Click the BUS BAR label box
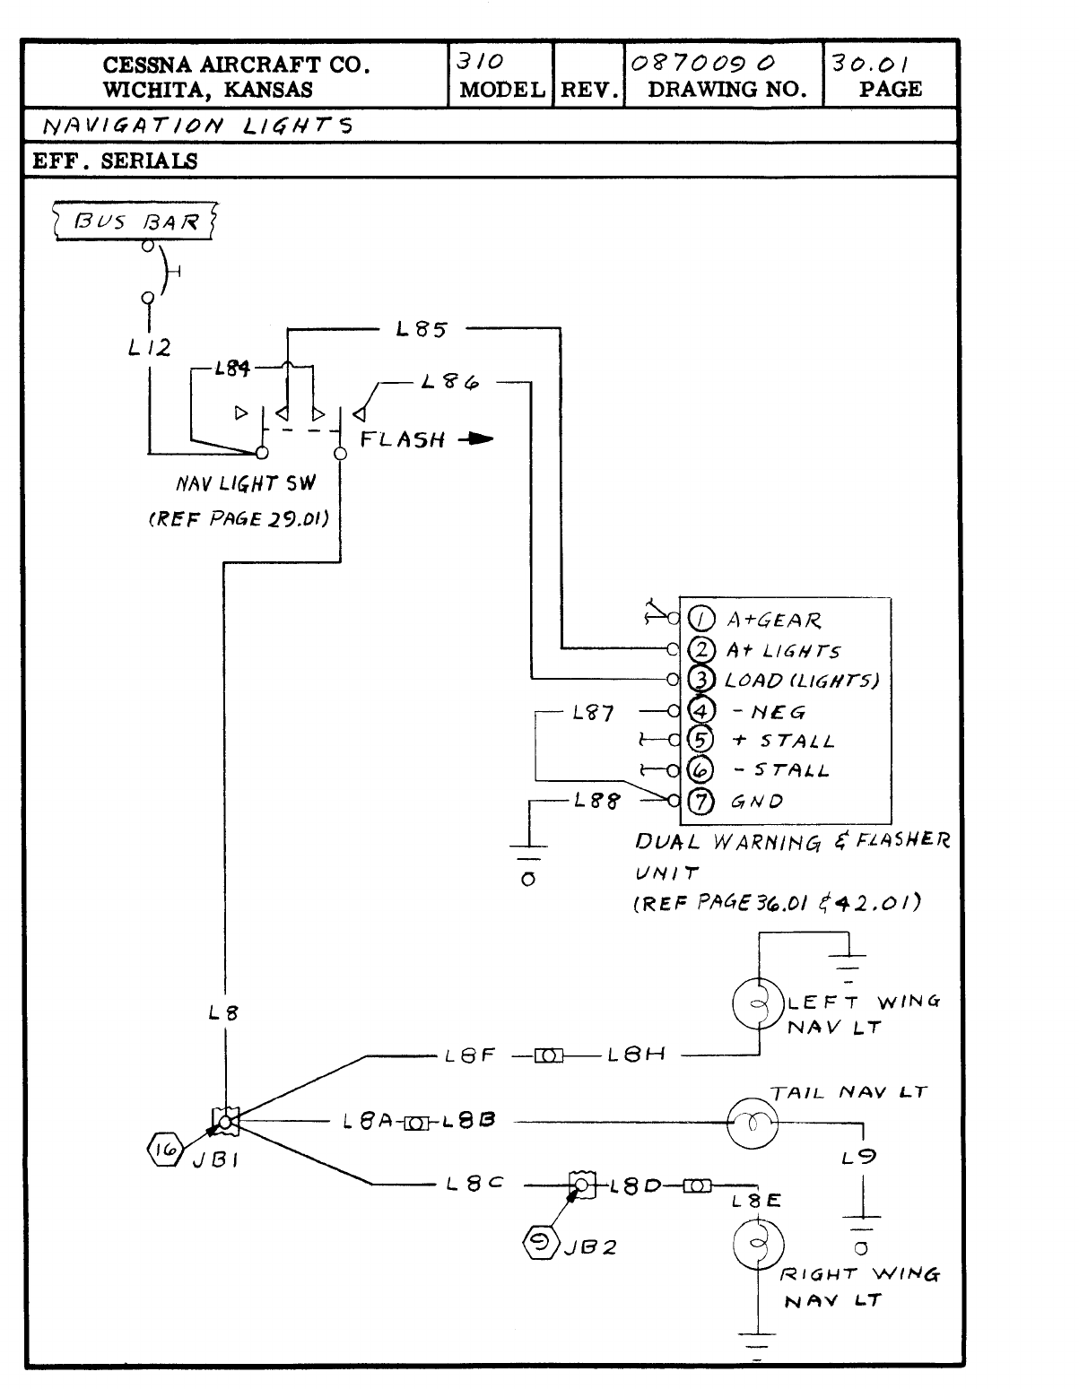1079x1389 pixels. [136, 221]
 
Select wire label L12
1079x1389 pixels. [149, 347]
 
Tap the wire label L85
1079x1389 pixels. [421, 329]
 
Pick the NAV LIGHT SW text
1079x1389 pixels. [239, 484]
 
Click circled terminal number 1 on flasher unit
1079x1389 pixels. [700, 619]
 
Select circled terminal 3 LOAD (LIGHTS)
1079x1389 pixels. [700, 679]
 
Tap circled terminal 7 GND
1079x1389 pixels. [700, 800]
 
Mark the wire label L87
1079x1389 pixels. [594, 713]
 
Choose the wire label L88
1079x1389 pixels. [596, 801]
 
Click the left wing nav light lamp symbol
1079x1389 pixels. [759, 1003]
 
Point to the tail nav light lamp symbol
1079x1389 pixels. [752, 1122]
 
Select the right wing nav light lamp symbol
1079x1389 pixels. [759, 1246]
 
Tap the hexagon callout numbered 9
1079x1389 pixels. [542, 1244]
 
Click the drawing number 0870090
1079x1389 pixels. [703, 64]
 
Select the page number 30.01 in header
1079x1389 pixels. [871, 64]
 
